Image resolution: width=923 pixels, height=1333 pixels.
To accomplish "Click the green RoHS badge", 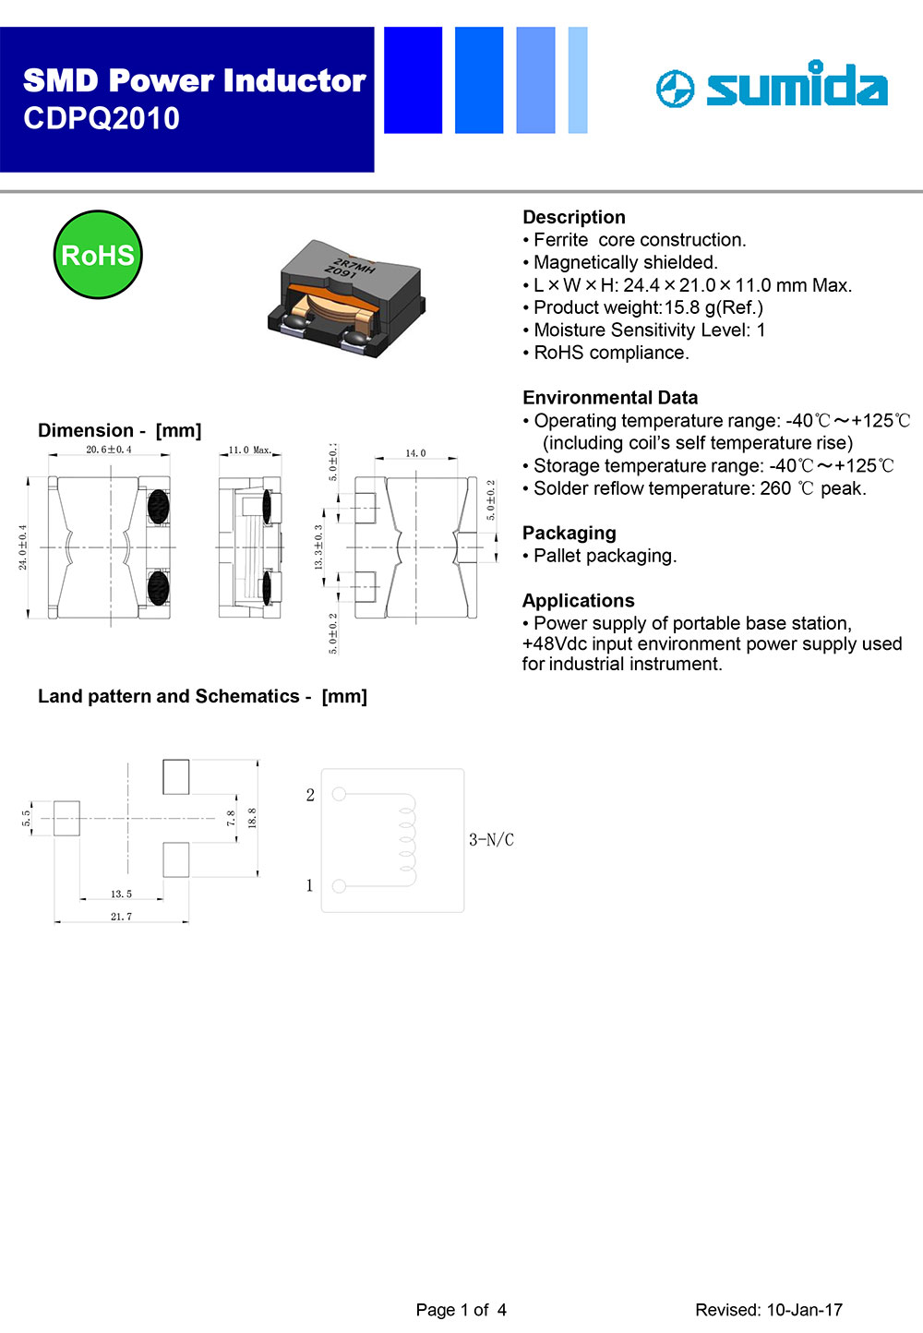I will click(98, 255).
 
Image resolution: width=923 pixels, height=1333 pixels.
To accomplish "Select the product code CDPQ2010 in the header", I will click(102, 119).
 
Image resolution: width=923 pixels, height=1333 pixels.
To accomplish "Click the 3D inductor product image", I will click(345, 296).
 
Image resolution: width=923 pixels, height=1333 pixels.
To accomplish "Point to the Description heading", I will click(574, 217).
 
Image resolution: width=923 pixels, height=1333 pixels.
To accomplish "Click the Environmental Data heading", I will click(610, 398).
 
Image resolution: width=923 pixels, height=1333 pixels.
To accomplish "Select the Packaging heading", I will click(569, 533).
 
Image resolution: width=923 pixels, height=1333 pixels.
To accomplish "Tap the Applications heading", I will click(578, 601).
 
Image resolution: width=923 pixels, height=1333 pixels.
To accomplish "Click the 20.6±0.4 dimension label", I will click(109, 450).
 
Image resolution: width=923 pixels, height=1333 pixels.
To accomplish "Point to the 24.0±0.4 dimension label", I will click(23, 547).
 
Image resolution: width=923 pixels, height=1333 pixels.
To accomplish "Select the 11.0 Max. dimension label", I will click(250, 450).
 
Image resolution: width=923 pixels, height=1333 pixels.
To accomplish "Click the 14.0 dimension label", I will click(415, 453).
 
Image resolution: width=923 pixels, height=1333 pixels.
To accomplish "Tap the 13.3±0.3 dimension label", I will click(318, 547).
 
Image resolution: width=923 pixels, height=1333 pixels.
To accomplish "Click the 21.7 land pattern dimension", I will click(121, 917).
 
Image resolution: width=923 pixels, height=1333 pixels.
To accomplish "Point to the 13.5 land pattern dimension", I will click(121, 894).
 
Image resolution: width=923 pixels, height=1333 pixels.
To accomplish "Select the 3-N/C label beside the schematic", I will click(491, 840).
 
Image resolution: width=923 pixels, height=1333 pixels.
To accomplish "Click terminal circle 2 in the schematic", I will click(339, 794).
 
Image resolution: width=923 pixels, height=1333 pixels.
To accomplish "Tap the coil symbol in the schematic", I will click(407, 839).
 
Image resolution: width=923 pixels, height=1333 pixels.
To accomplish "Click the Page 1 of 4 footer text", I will click(461, 1310).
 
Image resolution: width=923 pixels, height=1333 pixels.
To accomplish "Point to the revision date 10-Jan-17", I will click(804, 1310).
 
